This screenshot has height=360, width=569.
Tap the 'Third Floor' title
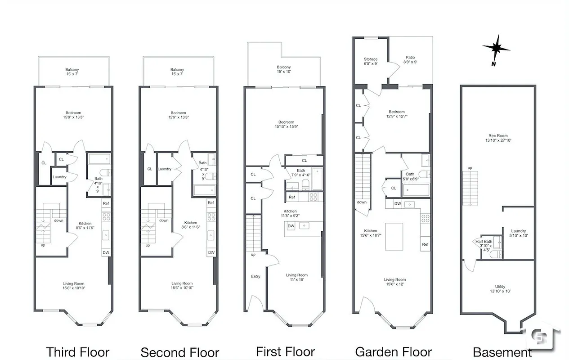(x=78, y=352)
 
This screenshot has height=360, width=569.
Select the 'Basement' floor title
(x=502, y=352)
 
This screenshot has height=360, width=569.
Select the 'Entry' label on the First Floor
(x=255, y=276)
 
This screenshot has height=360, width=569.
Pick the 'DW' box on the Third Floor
(x=106, y=252)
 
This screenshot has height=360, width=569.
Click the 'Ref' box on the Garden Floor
(x=425, y=244)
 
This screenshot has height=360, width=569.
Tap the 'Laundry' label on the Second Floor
(x=165, y=169)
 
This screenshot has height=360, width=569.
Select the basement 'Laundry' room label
(x=518, y=234)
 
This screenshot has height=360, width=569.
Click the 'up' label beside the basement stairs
(x=470, y=168)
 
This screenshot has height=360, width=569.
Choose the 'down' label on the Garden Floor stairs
(x=362, y=202)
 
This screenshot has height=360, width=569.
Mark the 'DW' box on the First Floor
(x=291, y=226)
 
